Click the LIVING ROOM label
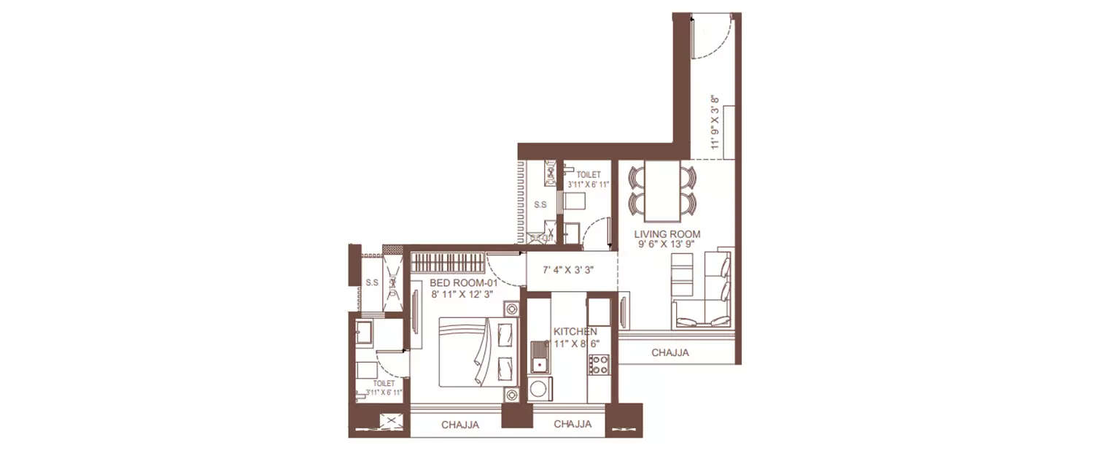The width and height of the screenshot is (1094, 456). tap(667, 234)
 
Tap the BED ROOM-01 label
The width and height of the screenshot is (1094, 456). tap(453, 282)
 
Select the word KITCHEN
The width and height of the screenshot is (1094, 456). tap(575, 331)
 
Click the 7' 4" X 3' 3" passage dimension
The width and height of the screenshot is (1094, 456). tap(570, 270)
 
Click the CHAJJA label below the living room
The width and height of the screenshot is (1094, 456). tap(670, 353)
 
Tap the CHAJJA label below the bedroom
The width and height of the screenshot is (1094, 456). tap(460, 425)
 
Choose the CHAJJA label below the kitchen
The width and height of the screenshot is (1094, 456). tap(573, 424)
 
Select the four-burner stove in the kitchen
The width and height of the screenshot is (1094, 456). tap(599, 364)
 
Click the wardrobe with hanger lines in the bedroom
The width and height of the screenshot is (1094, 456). tap(446, 262)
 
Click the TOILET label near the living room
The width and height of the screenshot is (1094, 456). tap(589, 175)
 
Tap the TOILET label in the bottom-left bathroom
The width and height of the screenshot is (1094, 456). tap(384, 383)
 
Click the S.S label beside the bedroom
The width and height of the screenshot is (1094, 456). tap(371, 282)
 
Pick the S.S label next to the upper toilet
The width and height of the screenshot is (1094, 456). tap(540, 205)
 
